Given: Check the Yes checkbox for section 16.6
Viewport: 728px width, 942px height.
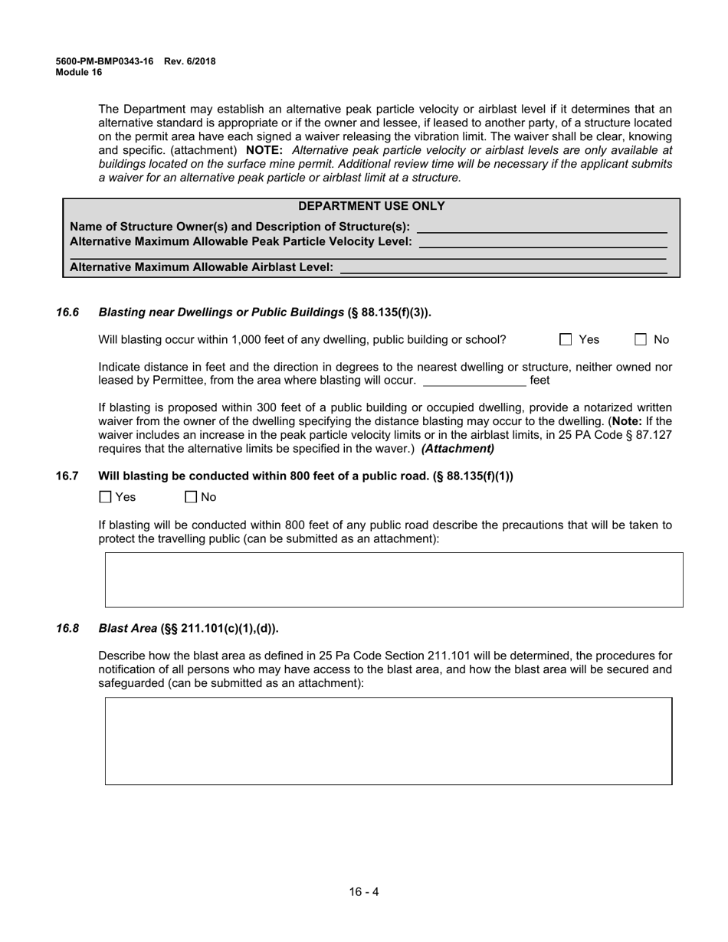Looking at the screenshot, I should [x=566, y=339].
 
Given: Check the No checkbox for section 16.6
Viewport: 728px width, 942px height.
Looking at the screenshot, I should [x=641, y=339].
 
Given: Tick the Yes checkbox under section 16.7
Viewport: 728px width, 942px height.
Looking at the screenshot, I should [x=106, y=497].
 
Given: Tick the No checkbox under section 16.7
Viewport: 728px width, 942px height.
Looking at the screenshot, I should [x=192, y=497].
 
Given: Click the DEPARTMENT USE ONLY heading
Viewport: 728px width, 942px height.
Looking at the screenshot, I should [x=371, y=206].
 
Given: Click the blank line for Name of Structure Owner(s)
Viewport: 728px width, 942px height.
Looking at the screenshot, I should [x=541, y=227].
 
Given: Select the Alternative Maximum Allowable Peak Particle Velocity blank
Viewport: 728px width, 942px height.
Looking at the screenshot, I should [x=543, y=242].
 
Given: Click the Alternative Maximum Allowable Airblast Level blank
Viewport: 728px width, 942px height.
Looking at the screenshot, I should [x=503, y=267].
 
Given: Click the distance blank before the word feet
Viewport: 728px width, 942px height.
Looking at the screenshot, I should [x=474, y=380].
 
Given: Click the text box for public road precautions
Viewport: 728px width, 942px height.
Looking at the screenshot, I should [x=393, y=580].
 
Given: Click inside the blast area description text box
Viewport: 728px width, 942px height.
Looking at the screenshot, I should [x=389, y=741].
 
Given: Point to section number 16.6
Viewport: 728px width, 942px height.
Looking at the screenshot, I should [x=67, y=312].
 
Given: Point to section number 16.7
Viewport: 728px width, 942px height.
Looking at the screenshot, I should [x=67, y=476].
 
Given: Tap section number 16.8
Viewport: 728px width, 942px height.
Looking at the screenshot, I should [x=67, y=628].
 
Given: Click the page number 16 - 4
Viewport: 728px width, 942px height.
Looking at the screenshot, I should [x=364, y=891].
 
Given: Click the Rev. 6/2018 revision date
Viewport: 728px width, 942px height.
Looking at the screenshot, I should [x=189, y=61].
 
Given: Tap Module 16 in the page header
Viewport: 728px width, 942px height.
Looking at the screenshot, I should [x=78, y=72].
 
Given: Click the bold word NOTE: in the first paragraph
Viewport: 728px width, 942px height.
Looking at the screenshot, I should [x=264, y=150].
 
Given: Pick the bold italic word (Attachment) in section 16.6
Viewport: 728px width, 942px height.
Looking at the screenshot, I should [x=457, y=449].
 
